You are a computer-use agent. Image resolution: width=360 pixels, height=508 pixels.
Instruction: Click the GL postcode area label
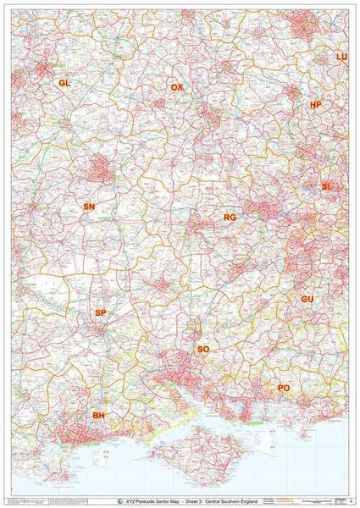coord(64,83)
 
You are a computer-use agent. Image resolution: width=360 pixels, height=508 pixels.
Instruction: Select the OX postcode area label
coord(176,88)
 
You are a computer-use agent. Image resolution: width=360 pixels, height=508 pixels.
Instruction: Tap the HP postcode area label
coord(316,105)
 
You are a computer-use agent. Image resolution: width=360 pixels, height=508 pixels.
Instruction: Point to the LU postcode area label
coord(341,57)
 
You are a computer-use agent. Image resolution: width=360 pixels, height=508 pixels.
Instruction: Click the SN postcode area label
coord(89,207)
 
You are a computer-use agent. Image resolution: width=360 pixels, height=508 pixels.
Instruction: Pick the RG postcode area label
coord(229,218)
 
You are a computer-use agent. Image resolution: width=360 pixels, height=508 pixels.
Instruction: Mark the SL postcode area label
coord(326,185)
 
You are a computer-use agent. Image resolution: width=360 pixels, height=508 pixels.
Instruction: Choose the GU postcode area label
coord(307,300)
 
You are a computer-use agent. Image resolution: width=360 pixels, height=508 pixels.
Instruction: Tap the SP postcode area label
coord(100,313)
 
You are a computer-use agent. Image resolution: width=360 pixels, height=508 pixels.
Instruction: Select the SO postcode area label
coord(202,349)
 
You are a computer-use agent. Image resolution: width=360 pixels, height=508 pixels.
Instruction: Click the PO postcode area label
coord(284,388)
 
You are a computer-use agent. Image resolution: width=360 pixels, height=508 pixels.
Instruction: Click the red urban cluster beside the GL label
coord(42,71)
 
